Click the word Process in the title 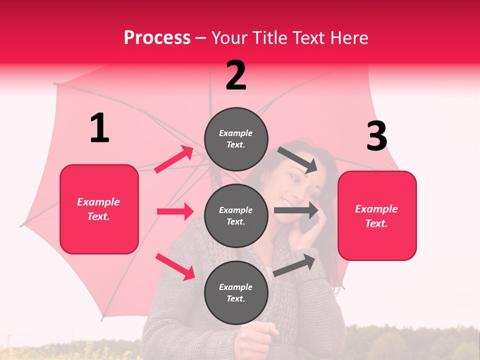(157, 38)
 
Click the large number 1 (99, 128)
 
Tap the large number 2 (236, 75)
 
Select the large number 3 (376, 136)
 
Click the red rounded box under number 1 (99, 209)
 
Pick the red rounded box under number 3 (377, 215)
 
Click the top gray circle (236, 139)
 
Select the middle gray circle (236, 215)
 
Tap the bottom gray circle (236, 292)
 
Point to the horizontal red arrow (175, 211)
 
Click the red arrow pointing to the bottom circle (175, 266)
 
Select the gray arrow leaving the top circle (297, 159)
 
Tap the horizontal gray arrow (296, 210)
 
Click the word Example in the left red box (98, 202)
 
